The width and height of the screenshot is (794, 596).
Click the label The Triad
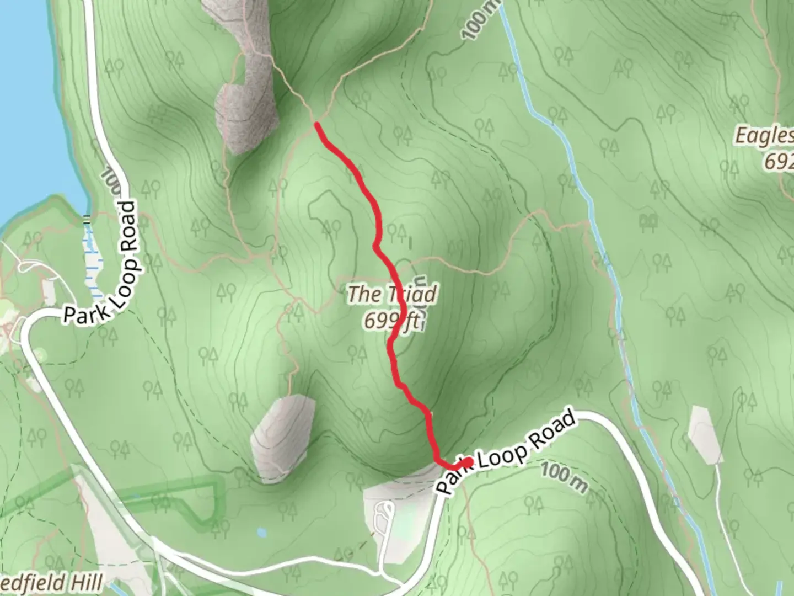pyautogui.click(x=392, y=294)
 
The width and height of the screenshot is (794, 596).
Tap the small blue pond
pyautogui.click(x=261, y=533)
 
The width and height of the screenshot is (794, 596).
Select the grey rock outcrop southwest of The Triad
pyautogui.click(x=281, y=436)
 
